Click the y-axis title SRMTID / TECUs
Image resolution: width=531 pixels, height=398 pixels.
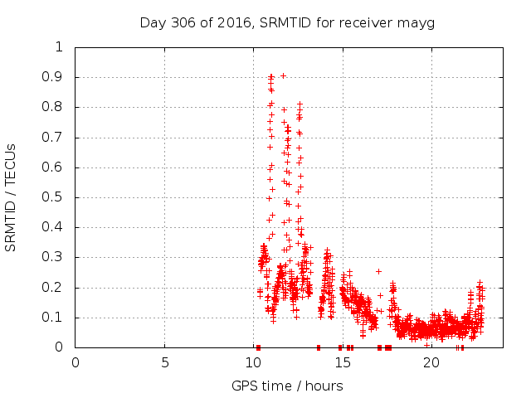(11, 197)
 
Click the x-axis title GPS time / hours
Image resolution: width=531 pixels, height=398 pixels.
(287, 386)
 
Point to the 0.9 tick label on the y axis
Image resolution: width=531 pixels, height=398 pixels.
(53, 77)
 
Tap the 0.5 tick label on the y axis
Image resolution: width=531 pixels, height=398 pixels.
(53, 197)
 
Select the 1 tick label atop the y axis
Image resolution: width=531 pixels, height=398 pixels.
(58, 47)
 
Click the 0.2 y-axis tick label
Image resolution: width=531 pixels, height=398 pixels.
(53, 288)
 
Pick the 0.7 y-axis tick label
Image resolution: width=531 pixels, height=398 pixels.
(53, 138)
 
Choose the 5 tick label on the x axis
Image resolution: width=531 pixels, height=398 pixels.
(164, 362)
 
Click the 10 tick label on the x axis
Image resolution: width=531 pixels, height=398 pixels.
(253, 362)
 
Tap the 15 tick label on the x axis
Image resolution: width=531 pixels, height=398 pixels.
(342, 362)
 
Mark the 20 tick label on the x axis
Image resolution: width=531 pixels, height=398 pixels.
(431, 362)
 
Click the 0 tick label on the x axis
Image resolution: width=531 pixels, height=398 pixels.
(76, 362)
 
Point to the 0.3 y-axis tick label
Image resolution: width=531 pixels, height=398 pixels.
(53, 258)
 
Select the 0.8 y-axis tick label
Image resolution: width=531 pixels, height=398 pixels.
(53, 107)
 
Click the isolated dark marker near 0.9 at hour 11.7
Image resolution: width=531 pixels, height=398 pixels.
(283, 75)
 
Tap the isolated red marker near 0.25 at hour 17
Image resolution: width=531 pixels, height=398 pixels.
(378, 271)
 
